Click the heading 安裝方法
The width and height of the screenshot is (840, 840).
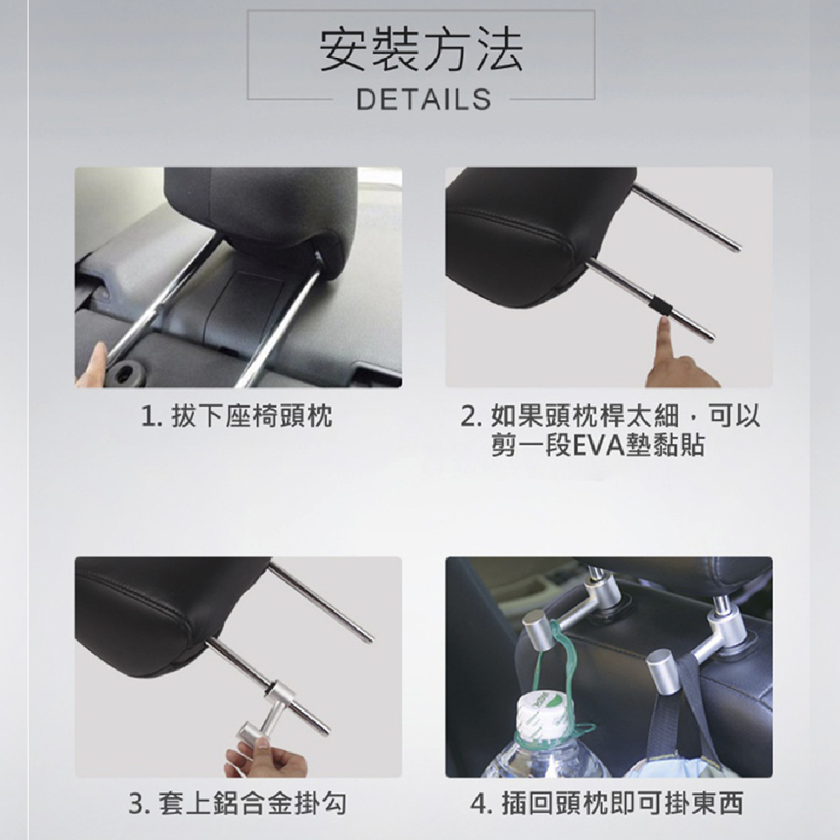[x=421, y=50]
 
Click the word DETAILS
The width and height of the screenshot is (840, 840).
[x=423, y=100]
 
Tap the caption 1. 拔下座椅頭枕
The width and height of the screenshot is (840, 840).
[x=237, y=415]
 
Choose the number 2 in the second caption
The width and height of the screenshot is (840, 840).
[x=467, y=416]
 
